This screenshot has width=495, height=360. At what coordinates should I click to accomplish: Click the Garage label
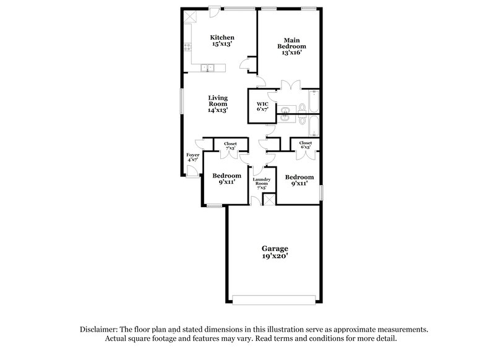coord(273,248)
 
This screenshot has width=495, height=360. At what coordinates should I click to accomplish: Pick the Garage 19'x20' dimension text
coord(273,256)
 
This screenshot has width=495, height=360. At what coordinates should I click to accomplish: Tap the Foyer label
coord(192,155)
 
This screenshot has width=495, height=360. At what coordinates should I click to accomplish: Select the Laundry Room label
coord(261,181)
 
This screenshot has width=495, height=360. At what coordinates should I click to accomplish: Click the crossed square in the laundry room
coord(269,199)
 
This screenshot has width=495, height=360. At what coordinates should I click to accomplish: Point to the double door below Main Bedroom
coord(288,85)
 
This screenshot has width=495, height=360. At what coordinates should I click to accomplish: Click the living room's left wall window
coord(182,101)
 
